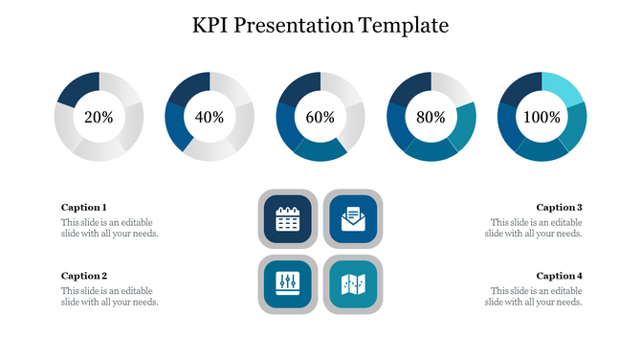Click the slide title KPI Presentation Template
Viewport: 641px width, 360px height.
(x=320, y=25)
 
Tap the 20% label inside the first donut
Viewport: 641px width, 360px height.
(x=99, y=117)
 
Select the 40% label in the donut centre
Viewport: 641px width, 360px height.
(x=210, y=117)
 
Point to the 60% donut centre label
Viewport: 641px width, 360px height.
(x=320, y=117)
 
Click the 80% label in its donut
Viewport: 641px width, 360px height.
(x=431, y=117)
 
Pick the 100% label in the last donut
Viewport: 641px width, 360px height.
(x=542, y=117)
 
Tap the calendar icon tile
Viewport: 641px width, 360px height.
(x=288, y=219)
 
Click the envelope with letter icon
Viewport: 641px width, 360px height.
(x=352, y=219)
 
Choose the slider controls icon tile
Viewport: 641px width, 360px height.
(x=288, y=284)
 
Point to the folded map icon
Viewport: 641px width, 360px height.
(x=352, y=284)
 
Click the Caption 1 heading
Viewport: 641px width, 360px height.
(x=84, y=207)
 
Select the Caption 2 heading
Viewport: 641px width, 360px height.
(x=84, y=276)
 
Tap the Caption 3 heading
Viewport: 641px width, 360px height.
(x=559, y=207)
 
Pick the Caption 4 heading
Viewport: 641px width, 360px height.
(x=559, y=276)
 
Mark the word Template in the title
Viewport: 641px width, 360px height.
(x=403, y=25)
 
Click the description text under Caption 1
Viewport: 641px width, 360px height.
(x=109, y=228)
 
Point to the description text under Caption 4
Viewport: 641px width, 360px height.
(x=534, y=297)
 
